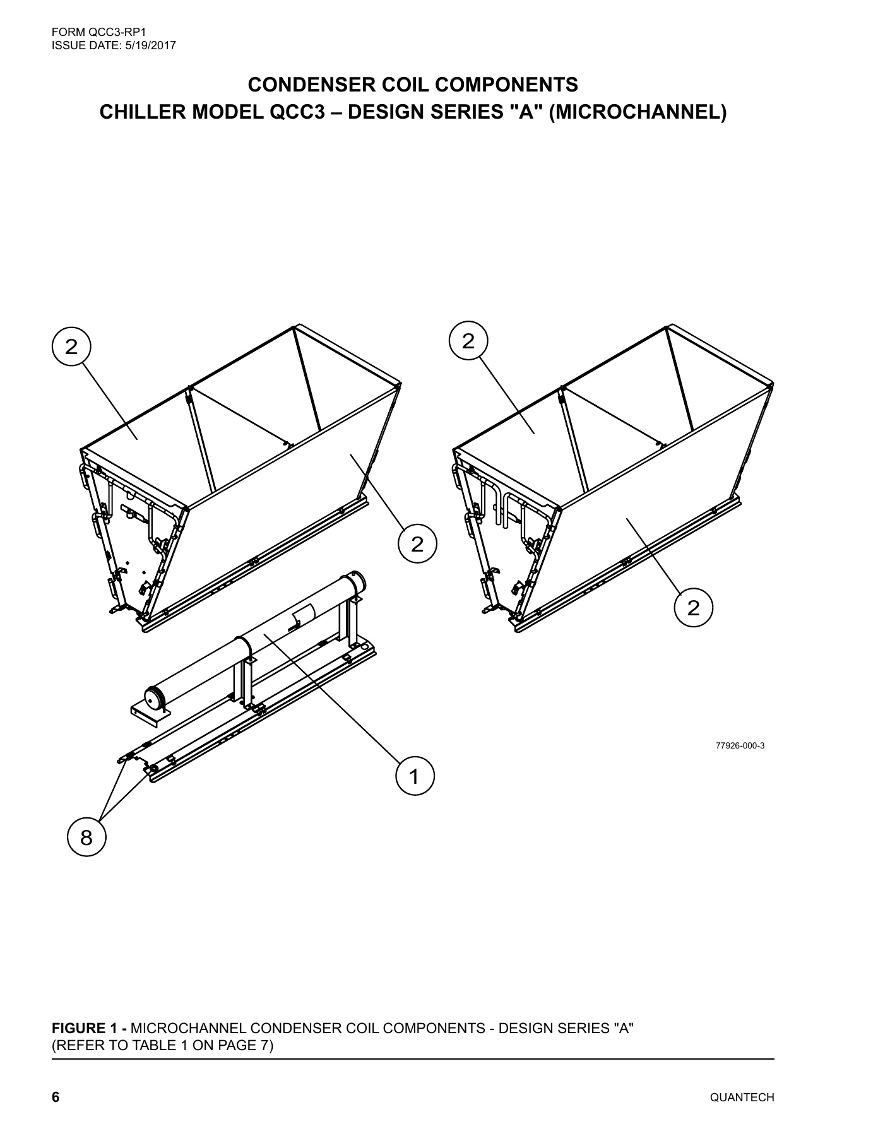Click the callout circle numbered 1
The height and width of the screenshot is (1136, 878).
pyautogui.click(x=415, y=776)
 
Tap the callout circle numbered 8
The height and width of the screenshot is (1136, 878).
pyautogui.click(x=86, y=837)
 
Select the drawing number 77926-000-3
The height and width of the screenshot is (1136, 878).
pyautogui.click(x=740, y=745)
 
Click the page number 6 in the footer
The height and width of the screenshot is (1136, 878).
pyautogui.click(x=56, y=1098)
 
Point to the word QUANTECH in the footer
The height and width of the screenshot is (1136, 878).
pyautogui.click(x=742, y=1098)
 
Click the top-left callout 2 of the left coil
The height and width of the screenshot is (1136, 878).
pyautogui.click(x=71, y=346)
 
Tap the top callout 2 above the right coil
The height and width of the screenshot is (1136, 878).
pyautogui.click(x=468, y=341)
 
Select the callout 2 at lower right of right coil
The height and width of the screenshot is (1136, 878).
pyautogui.click(x=693, y=608)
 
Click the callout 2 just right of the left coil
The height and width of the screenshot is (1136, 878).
pyautogui.click(x=417, y=543)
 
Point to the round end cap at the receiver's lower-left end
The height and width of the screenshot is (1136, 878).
pyautogui.click(x=154, y=699)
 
